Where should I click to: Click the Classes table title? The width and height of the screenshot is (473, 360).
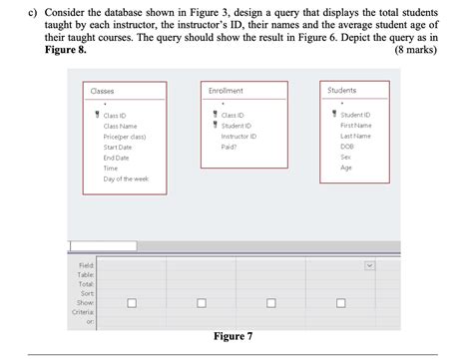pyautogui.click(x=102, y=91)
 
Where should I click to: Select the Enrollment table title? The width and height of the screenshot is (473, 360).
pyautogui.click(x=226, y=91)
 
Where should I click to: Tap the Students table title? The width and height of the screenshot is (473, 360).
pyautogui.click(x=341, y=91)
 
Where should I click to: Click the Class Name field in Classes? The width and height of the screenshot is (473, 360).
pyautogui.click(x=120, y=127)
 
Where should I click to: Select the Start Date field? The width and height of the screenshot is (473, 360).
pyautogui.click(x=118, y=147)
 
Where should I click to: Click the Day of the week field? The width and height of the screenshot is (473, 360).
pyautogui.click(x=126, y=178)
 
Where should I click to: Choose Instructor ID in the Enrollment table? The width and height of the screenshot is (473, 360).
pyautogui.click(x=239, y=137)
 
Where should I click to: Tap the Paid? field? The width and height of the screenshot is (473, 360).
pyautogui.click(x=229, y=147)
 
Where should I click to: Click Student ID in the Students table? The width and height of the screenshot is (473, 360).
pyautogui.click(x=355, y=116)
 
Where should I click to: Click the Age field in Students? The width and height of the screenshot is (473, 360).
pyautogui.click(x=345, y=168)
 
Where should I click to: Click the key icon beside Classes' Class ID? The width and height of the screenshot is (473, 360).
pyautogui.click(x=95, y=116)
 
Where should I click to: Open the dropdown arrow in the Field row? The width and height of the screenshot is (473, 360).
pyautogui.click(x=369, y=265)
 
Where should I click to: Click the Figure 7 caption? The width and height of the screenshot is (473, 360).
pyautogui.click(x=235, y=336)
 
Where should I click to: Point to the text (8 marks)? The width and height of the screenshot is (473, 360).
pyautogui.click(x=416, y=49)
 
